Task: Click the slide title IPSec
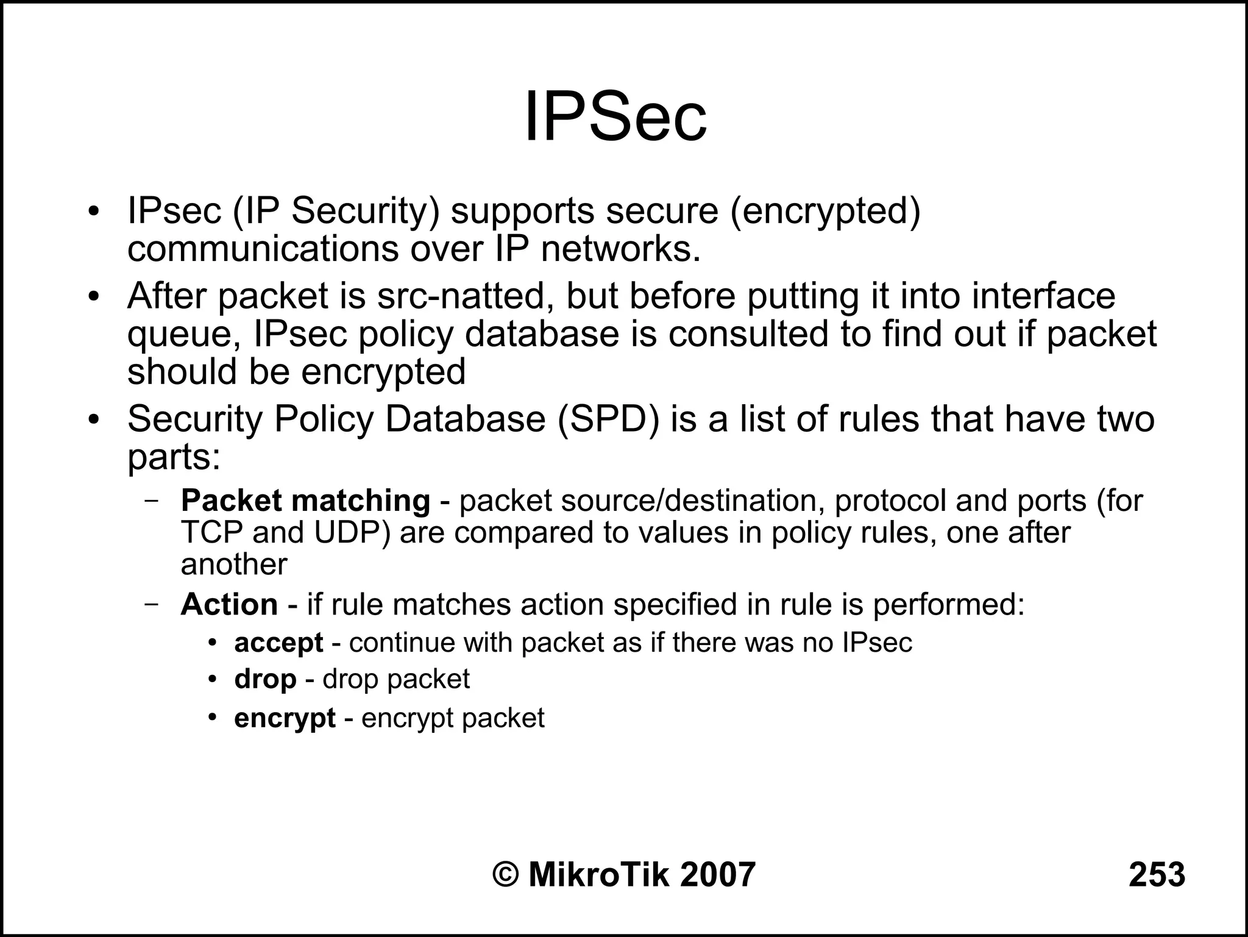tap(615, 116)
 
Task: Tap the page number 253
tap(1157, 875)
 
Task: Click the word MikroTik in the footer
tap(600, 875)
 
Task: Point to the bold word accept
tap(278, 643)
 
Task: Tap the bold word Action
tap(229, 605)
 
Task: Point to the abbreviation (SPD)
tap(608, 419)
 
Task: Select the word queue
tap(182, 335)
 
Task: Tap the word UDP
tap(346, 533)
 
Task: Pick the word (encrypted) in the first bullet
tap(825, 211)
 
